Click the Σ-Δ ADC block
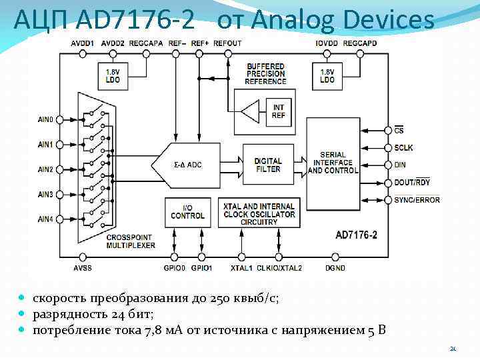point(188,165)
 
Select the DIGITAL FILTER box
point(268,165)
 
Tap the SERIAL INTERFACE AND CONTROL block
point(333,163)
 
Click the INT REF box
point(278,111)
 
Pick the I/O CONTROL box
point(187,212)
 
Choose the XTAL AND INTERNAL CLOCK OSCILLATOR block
point(259,214)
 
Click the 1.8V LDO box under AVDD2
point(113,75)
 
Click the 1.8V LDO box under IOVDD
point(327,75)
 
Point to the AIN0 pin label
point(46,120)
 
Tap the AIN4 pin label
point(46,219)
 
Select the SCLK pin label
point(403,148)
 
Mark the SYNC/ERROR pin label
point(417,200)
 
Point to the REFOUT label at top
point(227,43)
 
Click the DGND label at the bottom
point(335,268)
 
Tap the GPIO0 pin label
point(174,268)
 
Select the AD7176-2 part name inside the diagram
point(357,235)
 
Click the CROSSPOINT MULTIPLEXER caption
point(131,241)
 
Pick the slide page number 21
point(453,349)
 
